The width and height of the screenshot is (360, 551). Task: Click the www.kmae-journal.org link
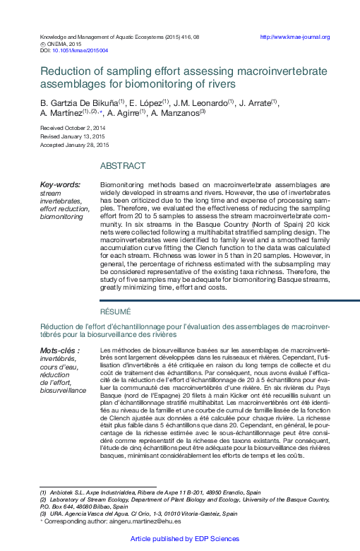click(295, 37)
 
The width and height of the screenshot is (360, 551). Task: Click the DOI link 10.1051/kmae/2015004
click(80, 51)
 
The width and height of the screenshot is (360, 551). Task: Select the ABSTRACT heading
click(123, 166)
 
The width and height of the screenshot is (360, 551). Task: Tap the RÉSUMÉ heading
click(116, 312)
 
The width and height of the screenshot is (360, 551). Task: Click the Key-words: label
click(60, 185)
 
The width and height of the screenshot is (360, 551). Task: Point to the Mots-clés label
click(59, 351)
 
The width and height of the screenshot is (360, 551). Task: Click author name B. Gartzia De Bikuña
click(78, 103)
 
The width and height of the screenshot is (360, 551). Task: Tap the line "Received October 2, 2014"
click(73, 128)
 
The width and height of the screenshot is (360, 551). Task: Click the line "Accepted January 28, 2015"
click(74, 145)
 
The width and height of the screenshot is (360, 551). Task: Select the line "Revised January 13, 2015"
click(72, 136)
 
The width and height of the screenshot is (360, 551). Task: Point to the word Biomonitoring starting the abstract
click(121, 184)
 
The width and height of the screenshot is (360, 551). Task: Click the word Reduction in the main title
click(64, 71)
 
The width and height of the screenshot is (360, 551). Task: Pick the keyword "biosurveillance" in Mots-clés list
click(63, 390)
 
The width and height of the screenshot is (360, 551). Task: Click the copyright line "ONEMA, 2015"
click(64, 44)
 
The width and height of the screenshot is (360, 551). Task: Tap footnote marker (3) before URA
click(43, 514)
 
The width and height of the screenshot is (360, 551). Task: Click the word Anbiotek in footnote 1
click(63, 492)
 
